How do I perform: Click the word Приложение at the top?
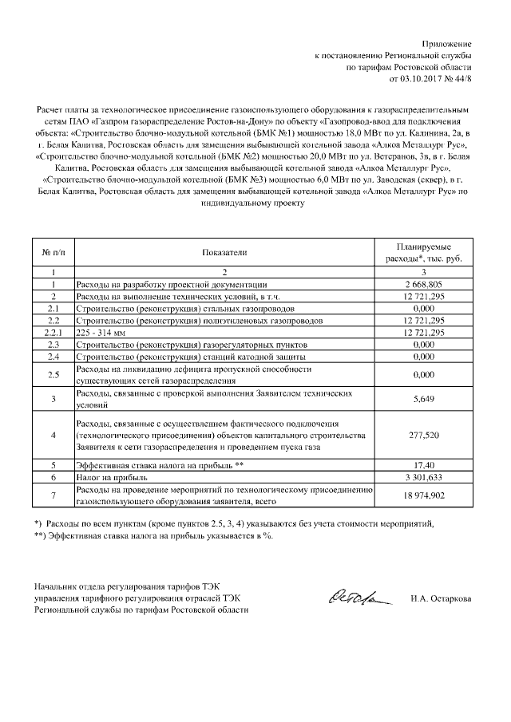tap(447, 42)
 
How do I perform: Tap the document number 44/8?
tap(462, 79)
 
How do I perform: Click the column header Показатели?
tap(224, 252)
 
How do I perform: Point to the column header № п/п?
tap(53, 252)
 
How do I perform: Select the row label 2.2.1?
tap(53, 332)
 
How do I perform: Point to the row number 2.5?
tap(53, 374)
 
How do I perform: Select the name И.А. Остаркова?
tap(440, 598)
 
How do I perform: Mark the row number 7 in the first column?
tap(53, 495)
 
